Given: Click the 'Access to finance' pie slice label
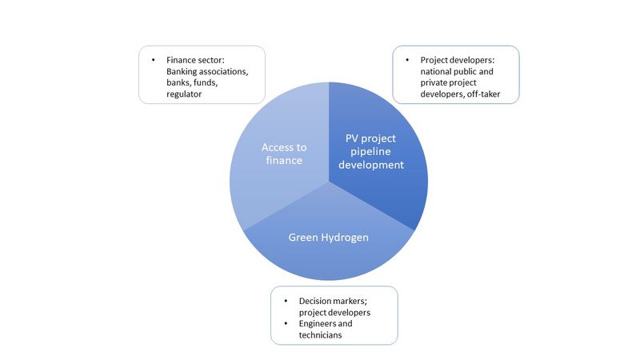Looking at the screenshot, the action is click(x=284, y=154).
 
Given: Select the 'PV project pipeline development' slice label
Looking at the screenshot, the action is click(x=371, y=151).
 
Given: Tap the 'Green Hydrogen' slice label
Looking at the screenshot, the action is click(x=329, y=238).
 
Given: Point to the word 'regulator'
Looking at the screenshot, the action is click(x=184, y=94).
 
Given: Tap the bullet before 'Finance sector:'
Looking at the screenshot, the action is click(x=154, y=60).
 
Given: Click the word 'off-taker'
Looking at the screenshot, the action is click(x=484, y=94).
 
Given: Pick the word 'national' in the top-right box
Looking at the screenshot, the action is click(x=435, y=71).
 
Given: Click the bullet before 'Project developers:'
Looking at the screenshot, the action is click(x=407, y=60).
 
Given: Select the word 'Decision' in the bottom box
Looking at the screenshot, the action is click(x=314, y=302).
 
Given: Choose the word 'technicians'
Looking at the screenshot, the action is click(x=321, y=335).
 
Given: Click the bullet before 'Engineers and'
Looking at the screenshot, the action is click(x=286, y=324).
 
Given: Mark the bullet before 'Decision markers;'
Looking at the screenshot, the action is click(x=286, y=302).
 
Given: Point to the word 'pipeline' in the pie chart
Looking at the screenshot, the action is click(x=370, y=152).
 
